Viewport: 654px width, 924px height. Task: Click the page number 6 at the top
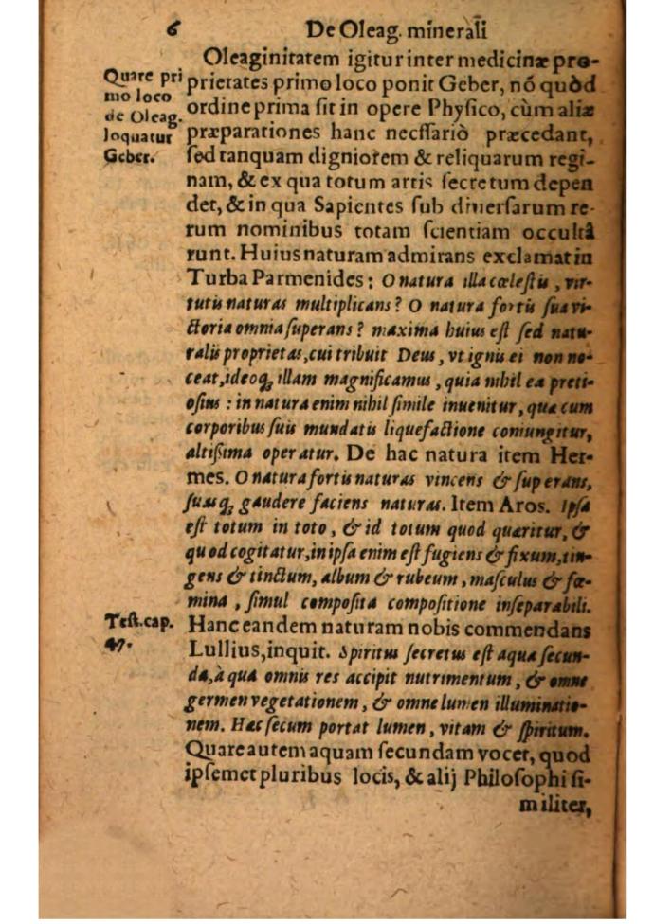(x=173, y=30)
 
